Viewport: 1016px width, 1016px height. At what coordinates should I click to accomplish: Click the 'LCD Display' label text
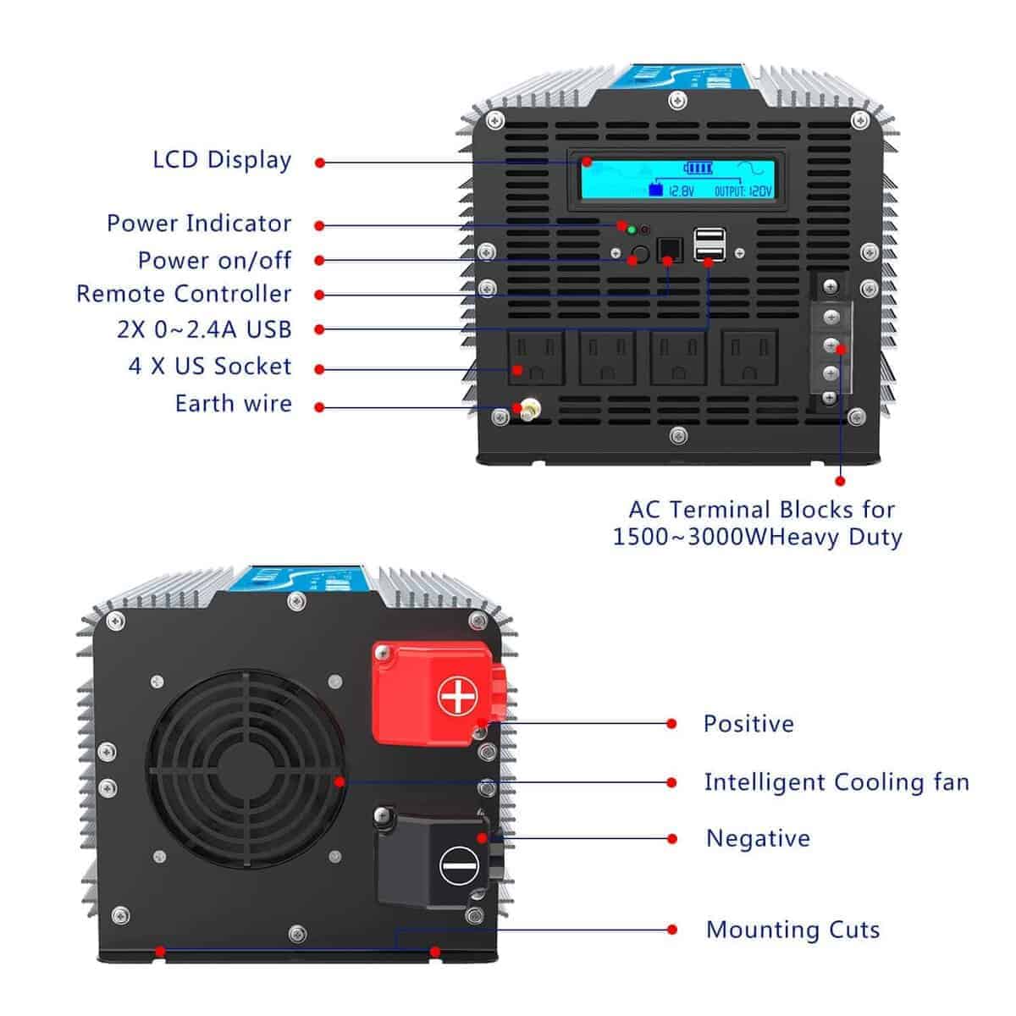click(x=222, y=160)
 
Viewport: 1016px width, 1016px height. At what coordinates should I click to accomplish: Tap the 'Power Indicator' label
click(x=199, y=224)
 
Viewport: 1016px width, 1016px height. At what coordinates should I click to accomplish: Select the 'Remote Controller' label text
click(x=184, y=294)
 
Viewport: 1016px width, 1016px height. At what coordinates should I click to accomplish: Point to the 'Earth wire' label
click(x=233, y=404)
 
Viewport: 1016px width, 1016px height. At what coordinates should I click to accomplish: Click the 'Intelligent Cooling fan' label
click(x=837, y=782)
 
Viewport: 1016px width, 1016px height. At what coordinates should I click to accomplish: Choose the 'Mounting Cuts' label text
click(x=792, y=930)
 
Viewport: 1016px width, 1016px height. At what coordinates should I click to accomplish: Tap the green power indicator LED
click(x=631, y=229)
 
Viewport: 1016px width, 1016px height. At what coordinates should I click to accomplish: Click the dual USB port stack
click(x=708, y=245)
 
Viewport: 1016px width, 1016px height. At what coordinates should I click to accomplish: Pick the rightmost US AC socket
click(x=749, y=356)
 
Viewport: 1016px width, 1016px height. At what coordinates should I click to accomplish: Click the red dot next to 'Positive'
click(x=671, y=724)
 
